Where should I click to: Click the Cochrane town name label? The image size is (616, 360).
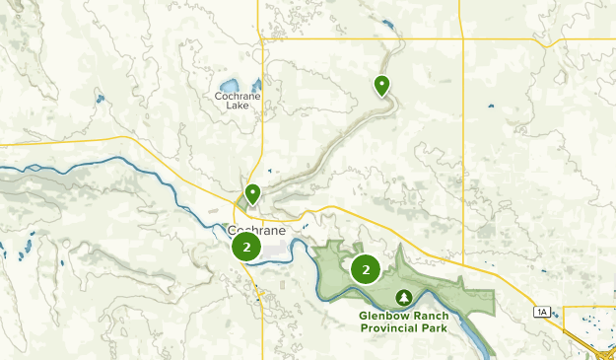click(257, 230)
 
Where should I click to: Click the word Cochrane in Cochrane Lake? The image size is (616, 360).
click(238, 96)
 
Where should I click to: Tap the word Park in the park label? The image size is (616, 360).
click(435, 328)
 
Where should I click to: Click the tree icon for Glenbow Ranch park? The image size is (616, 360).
click(403, 297)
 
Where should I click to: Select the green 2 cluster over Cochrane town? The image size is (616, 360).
click(246, 248)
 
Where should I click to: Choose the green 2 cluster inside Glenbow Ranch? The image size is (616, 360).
click(366, 268)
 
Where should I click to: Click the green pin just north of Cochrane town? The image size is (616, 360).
click(252, 193)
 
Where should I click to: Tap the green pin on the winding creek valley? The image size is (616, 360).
click(381, 86)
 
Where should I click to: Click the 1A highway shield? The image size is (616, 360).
click(541, 312)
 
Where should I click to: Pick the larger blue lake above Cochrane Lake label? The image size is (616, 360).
click(230, 85)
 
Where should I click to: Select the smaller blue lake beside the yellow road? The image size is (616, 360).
click(256, 85)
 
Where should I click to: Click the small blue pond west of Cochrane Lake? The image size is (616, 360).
click(100, 98)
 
